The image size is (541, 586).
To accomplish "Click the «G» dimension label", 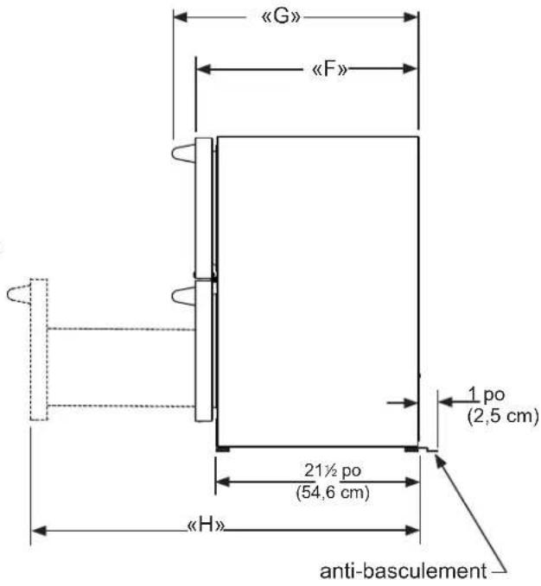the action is coord(281,16).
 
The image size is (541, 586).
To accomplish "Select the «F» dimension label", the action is coord(329,69).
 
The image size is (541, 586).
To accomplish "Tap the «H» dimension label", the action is coord(207,525).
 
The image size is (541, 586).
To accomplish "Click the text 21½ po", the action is coord(333,470).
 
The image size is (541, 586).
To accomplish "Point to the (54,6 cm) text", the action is coord(333,492).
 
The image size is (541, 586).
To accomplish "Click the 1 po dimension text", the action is coord(487,394).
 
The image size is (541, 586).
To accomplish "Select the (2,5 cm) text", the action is coord(503,416).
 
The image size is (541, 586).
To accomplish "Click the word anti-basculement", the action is coord(404,571).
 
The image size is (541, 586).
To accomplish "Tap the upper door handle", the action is coord(184,154).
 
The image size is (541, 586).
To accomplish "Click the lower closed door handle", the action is coord(184,296).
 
